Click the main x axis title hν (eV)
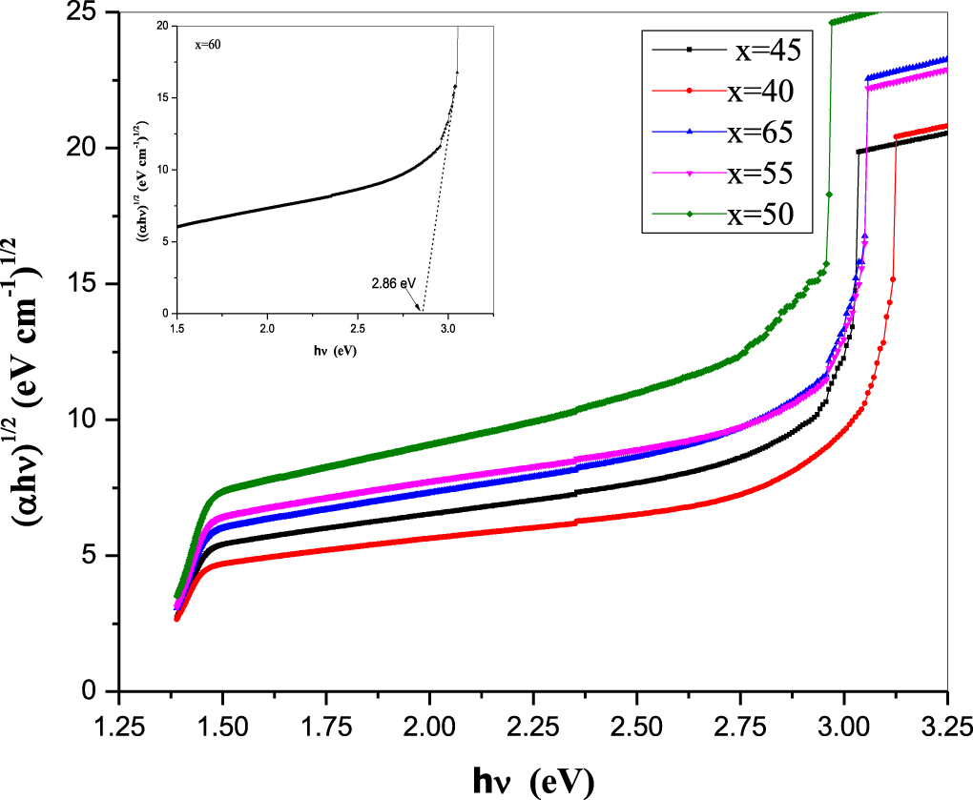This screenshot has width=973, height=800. click(533, 781)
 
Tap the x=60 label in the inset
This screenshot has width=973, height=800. click(208, 44)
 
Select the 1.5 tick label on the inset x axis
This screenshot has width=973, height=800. click(177, 329)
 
